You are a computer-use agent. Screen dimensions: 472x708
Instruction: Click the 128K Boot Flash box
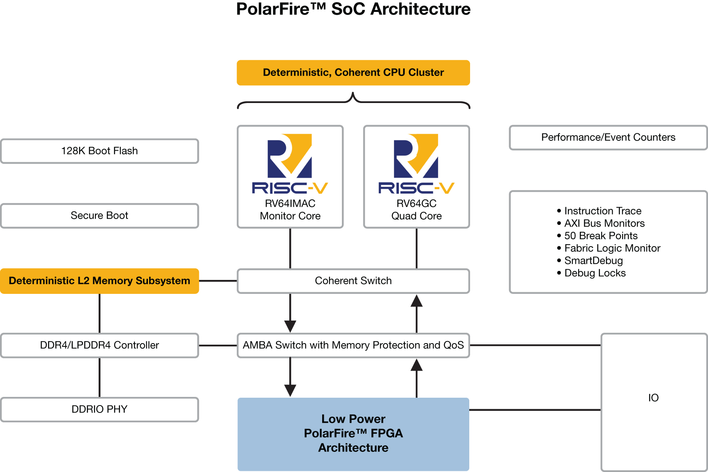(99, 151)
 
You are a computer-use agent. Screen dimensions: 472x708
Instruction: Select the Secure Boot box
(99, 216)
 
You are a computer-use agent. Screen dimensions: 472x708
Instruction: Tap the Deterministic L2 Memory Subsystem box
(99, 281)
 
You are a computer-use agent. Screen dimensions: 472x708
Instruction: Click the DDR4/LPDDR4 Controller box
(99, 345)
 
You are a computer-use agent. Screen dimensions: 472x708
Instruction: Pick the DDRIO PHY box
(99, 410)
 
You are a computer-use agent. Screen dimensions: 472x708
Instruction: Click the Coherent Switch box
(353, 281)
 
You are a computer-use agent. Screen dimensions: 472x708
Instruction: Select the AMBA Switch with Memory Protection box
(353, 345)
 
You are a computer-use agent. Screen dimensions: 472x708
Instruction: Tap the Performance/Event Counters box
(608, 137)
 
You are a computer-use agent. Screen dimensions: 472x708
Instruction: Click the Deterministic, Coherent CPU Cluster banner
(353, 73)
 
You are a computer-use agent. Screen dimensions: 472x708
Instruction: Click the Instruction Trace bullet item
(602, 211)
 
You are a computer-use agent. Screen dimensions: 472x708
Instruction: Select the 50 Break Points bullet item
(601, 236)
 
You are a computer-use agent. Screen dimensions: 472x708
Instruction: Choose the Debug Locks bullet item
(595, 273)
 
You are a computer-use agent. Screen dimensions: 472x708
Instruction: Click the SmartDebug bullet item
(593, 261)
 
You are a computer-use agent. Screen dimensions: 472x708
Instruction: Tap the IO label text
(653, 398)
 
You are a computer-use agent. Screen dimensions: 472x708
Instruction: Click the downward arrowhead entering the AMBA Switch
(290, 326)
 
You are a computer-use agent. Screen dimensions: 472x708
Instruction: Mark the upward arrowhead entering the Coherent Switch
(417, 301)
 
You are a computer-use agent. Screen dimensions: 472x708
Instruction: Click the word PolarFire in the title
(273, 9)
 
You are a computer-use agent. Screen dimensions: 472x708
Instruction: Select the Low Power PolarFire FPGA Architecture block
(353, 434)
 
